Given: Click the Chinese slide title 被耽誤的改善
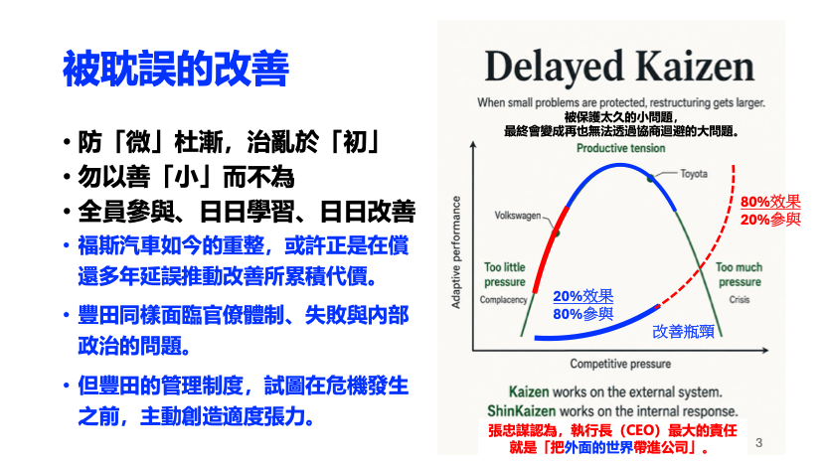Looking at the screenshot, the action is [176, 69].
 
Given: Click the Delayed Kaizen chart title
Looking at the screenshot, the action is [619, 67].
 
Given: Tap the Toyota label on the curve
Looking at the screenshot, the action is [694, 174].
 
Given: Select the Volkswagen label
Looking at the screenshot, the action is [518, 215].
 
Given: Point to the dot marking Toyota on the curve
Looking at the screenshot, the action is [651, 178].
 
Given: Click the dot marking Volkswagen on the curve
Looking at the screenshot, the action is [556, 232].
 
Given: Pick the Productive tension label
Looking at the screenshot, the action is [621, 148].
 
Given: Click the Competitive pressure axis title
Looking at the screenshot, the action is [620, 364].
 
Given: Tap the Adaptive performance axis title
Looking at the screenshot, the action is [455, 252].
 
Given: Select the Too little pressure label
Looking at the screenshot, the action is [505, 274].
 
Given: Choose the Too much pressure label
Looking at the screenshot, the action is [740, 274].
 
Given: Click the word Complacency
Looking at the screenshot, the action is [503, 299].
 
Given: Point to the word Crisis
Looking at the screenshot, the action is [740, 299].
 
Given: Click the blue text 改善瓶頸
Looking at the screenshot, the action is [683, 331].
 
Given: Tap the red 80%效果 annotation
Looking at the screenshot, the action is [770, 202].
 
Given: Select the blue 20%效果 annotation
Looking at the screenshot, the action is [582, 296].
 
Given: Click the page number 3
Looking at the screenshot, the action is [759, 442].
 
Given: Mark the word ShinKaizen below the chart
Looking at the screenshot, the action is [521, 410].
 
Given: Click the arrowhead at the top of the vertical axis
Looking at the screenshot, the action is [473, 144].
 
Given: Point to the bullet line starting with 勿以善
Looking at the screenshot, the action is [186, 177].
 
